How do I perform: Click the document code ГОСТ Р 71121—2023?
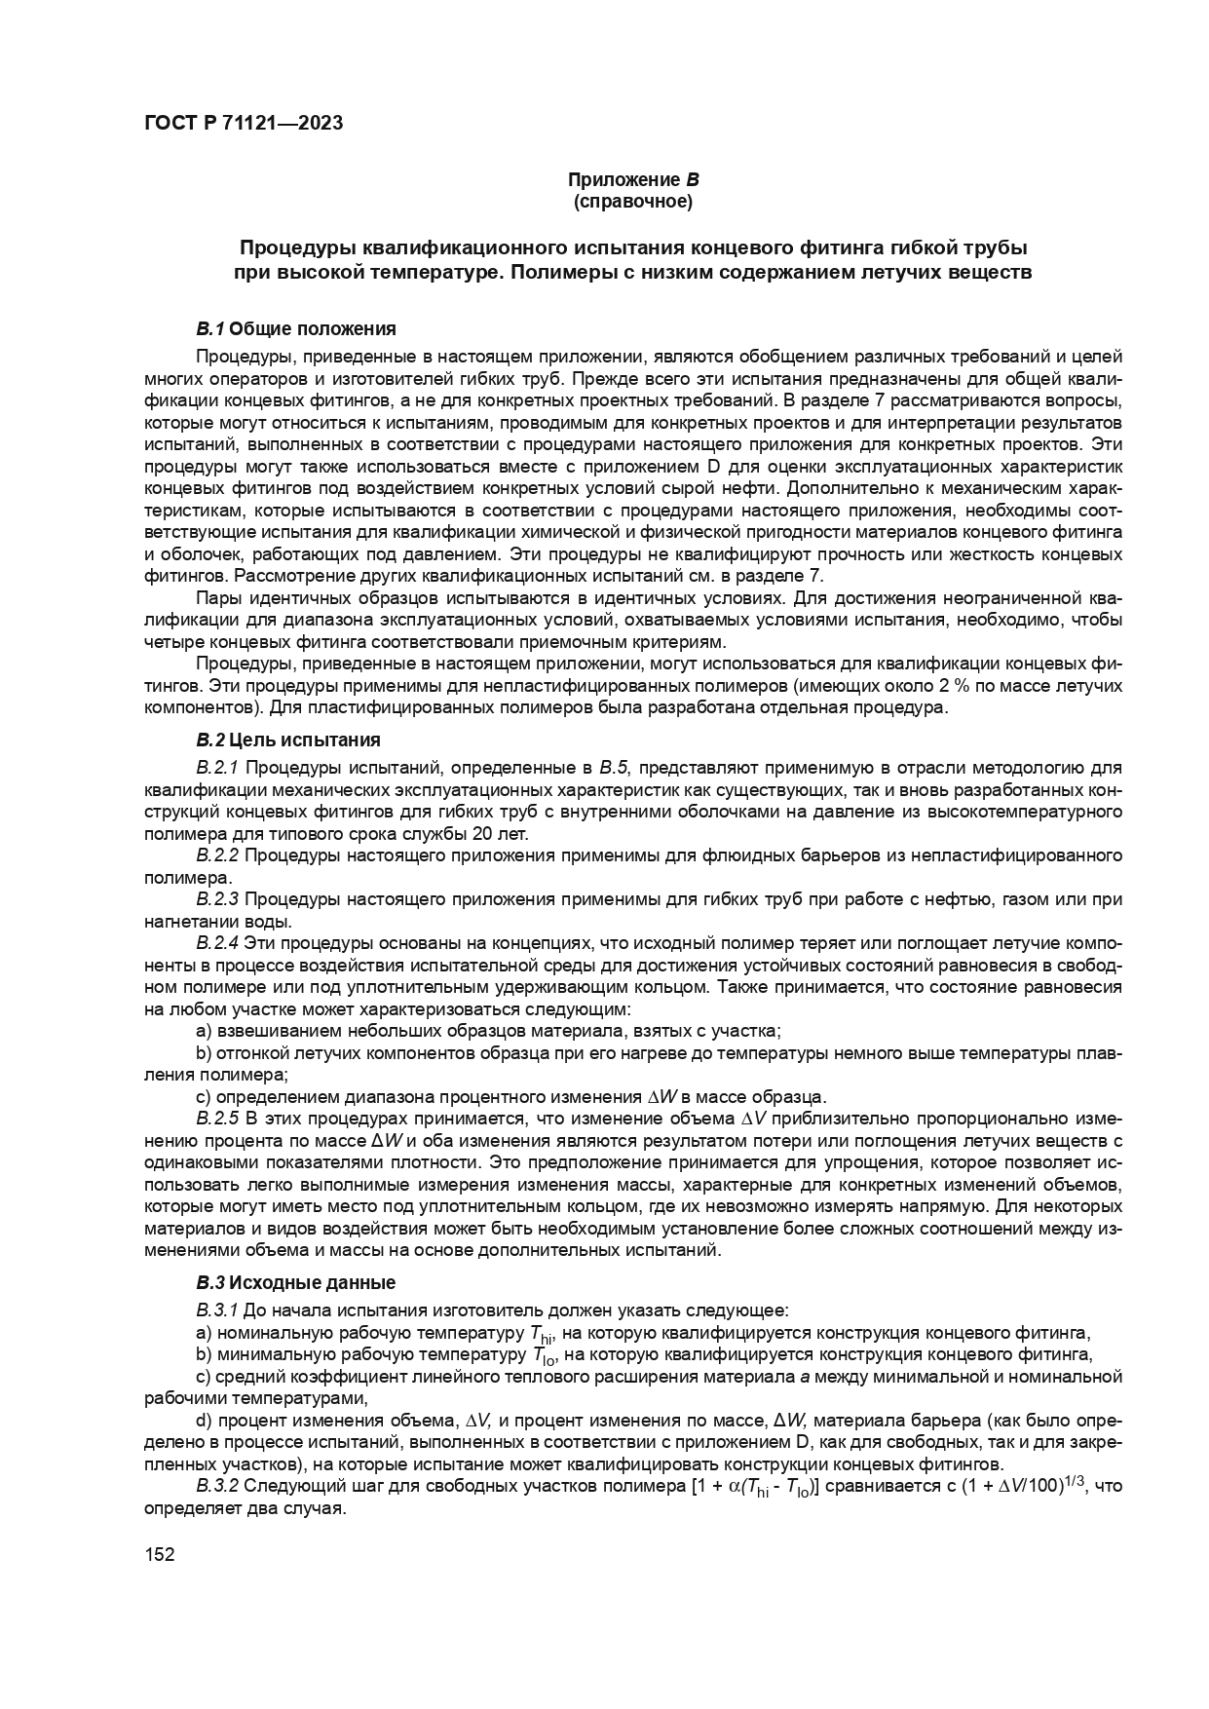[244, 124]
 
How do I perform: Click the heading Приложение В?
[633, 180]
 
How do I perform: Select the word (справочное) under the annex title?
[633, 202]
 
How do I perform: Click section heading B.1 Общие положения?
[296, 327]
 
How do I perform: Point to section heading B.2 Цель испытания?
[287, 740]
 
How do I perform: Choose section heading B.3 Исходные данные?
[296, 1281]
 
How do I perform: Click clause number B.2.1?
[217, 768]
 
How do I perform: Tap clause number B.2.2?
[217, 855]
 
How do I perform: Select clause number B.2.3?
[217, 898]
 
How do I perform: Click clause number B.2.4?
[217, 942]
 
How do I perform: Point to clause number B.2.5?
[217, 1117]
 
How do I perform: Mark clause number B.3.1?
[217, 1310]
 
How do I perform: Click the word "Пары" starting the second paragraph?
[216, 597]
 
